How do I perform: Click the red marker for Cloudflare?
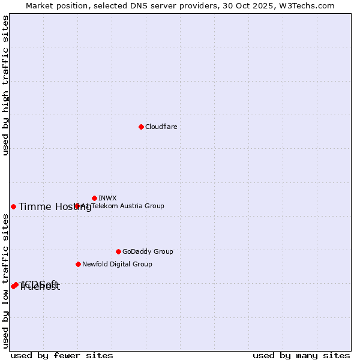click(x=141, y=127)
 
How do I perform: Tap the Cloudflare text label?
click(x=161, y=127)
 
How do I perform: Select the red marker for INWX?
click(x=95, y=198)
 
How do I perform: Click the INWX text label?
click(x=107, y=198)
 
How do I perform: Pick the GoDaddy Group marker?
click(x=118, y=251)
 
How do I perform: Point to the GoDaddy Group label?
click(x=148, y=251)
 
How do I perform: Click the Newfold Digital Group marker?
click(x=78, y=264)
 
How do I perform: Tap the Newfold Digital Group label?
click(x=117, y=264)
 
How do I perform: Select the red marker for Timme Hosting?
click(x=13, y=206)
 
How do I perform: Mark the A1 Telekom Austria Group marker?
click(x=77, y=206)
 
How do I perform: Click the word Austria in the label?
click(x=132, y=206)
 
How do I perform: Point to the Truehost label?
click(x=41, y=287)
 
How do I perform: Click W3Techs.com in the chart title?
click(x=308, y=5)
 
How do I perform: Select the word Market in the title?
click(x=40, y=5)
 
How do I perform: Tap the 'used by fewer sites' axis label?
click(x=62, y=355)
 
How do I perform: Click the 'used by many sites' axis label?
click(x=301, y=355)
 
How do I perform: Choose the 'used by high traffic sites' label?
click(x=5, y=85)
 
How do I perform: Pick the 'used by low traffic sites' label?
click(x=5, y=280)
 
